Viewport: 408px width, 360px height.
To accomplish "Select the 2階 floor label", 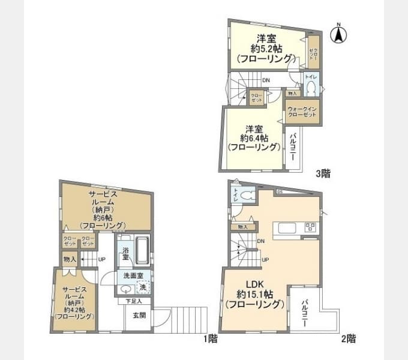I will (x=348, y=338).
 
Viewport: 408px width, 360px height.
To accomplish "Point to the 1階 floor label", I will (x=209, y=338).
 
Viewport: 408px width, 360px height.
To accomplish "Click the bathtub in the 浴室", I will (x=141, y=251).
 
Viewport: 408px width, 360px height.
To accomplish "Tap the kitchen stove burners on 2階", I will (x=310, y=227).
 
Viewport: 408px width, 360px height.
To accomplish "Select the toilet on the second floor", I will (x=248, y=195).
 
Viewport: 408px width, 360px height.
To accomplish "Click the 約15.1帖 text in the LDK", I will (x=255, y=294).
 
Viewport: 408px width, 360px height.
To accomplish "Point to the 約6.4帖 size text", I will (x=254, y=137).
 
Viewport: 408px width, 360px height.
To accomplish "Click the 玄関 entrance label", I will (x=139, y=314).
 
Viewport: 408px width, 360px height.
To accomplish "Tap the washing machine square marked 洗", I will (x=143, y=287).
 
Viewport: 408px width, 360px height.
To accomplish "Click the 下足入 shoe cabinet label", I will (x=133, y=301).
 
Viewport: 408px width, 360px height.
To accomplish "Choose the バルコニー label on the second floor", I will (x=305, y=312).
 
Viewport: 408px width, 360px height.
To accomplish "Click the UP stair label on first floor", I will (x=102, y=259).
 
